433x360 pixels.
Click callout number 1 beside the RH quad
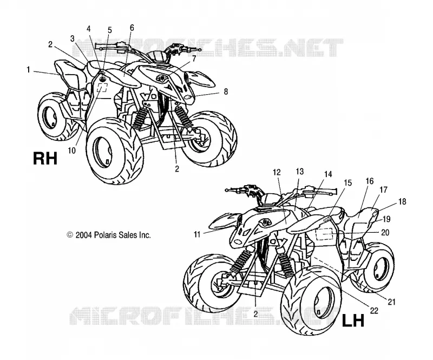(x=28, y=70)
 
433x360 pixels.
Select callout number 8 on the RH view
(x=226, y=91)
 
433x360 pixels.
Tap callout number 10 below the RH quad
(x=71, y=150)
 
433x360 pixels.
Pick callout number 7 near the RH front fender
(x=194, y=58)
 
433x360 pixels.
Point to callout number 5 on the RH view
(x=110, y=30)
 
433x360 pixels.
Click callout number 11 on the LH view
(x=197, y=234)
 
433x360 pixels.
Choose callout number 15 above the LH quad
(x=347, y=183)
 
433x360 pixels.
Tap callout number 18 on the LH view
(x=402, y=202)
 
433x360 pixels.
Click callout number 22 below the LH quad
(x=374, y=311)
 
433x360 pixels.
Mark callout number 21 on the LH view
(x=391, y=302)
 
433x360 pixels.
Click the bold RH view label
(x=45, y=159)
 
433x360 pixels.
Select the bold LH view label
(x=353, y=321)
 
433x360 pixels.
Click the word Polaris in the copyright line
(x=105, y=235)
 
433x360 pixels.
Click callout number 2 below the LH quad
(x=255, y=313)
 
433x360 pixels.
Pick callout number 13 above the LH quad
(x=300, y=172)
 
